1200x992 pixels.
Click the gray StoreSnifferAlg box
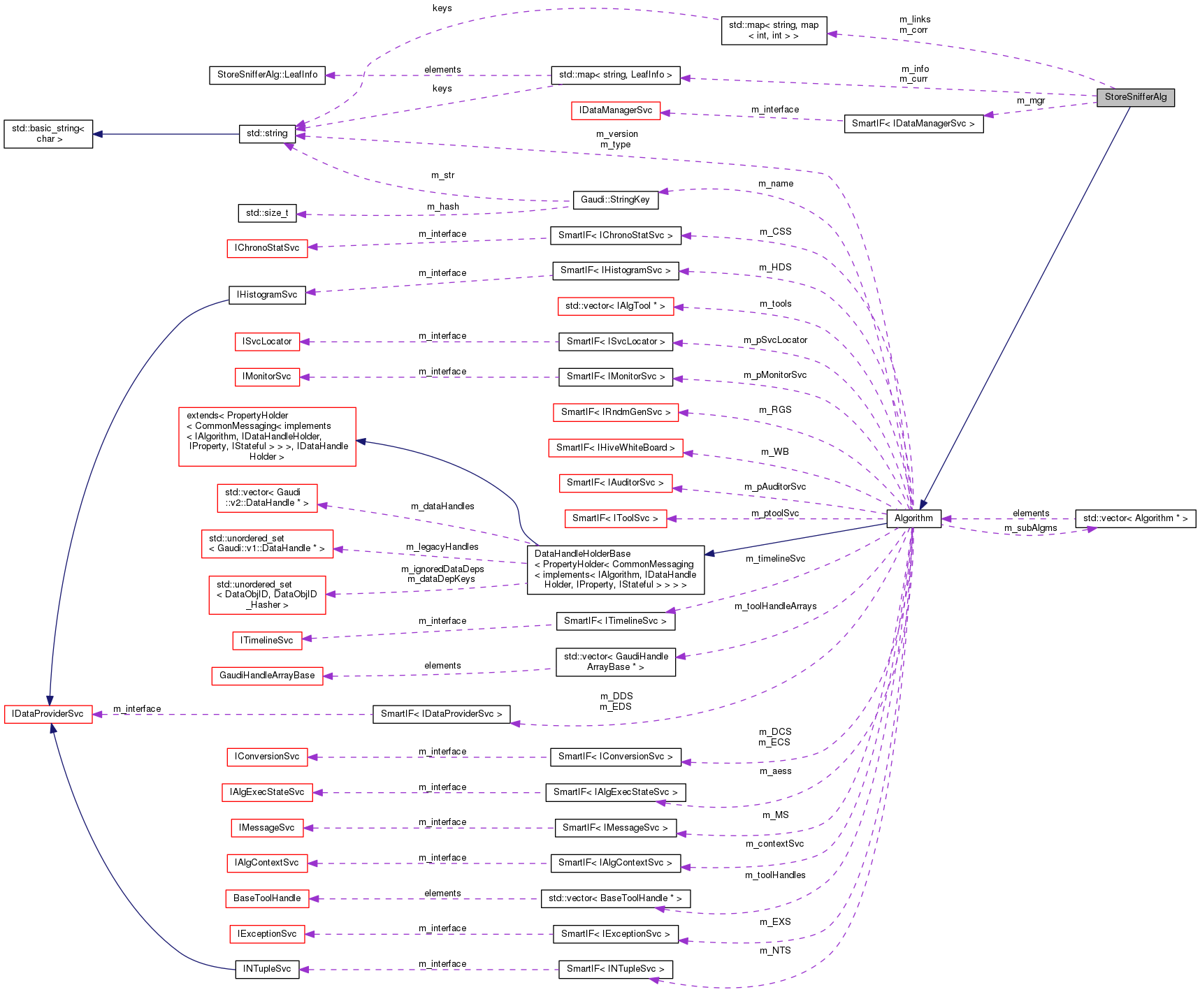coord(1135,97)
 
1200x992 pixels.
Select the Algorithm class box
coord(913,518)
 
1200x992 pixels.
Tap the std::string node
coord(267,133)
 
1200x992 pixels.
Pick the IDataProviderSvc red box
coord(48,714)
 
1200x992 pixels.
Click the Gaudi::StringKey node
coord(615,200)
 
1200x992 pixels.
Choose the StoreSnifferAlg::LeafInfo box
coord(267,75)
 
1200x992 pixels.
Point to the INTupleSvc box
coord(267,969)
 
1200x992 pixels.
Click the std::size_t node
coord(267,213)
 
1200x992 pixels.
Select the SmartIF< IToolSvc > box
coord(615,518)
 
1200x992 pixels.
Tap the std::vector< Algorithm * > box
coord(1135,518)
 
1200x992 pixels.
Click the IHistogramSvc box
coord(267,295)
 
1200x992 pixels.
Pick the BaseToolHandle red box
coord(267,898)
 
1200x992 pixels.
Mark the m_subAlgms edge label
coord(1030,528)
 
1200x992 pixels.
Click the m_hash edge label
coord(443,207)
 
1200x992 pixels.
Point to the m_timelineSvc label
coord(775,559)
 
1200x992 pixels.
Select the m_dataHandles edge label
coord(442,506)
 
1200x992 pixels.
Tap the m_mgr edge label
coord(1030,101)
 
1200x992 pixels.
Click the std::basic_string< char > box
coord(48,133)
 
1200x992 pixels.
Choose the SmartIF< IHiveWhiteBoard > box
coord(615,448)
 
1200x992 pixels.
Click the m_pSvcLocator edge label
coord(775,340)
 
